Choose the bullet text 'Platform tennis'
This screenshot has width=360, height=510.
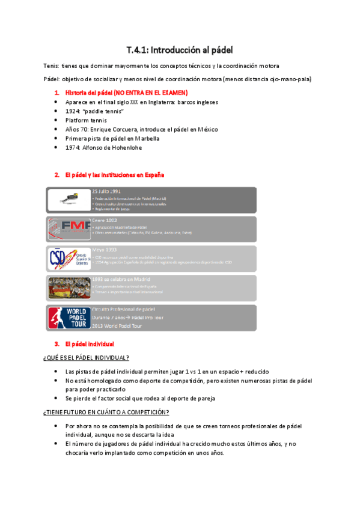[86, 120]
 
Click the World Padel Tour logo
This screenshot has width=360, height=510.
[68, 318]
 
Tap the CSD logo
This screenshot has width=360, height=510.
[68, 259]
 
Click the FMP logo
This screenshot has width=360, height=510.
[68, 229]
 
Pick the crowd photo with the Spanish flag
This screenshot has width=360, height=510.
[68, 288]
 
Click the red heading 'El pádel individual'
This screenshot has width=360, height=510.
[89, 344]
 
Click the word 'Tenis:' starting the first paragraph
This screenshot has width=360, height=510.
[52, 66]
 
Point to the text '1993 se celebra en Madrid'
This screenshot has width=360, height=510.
[121, 279]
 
